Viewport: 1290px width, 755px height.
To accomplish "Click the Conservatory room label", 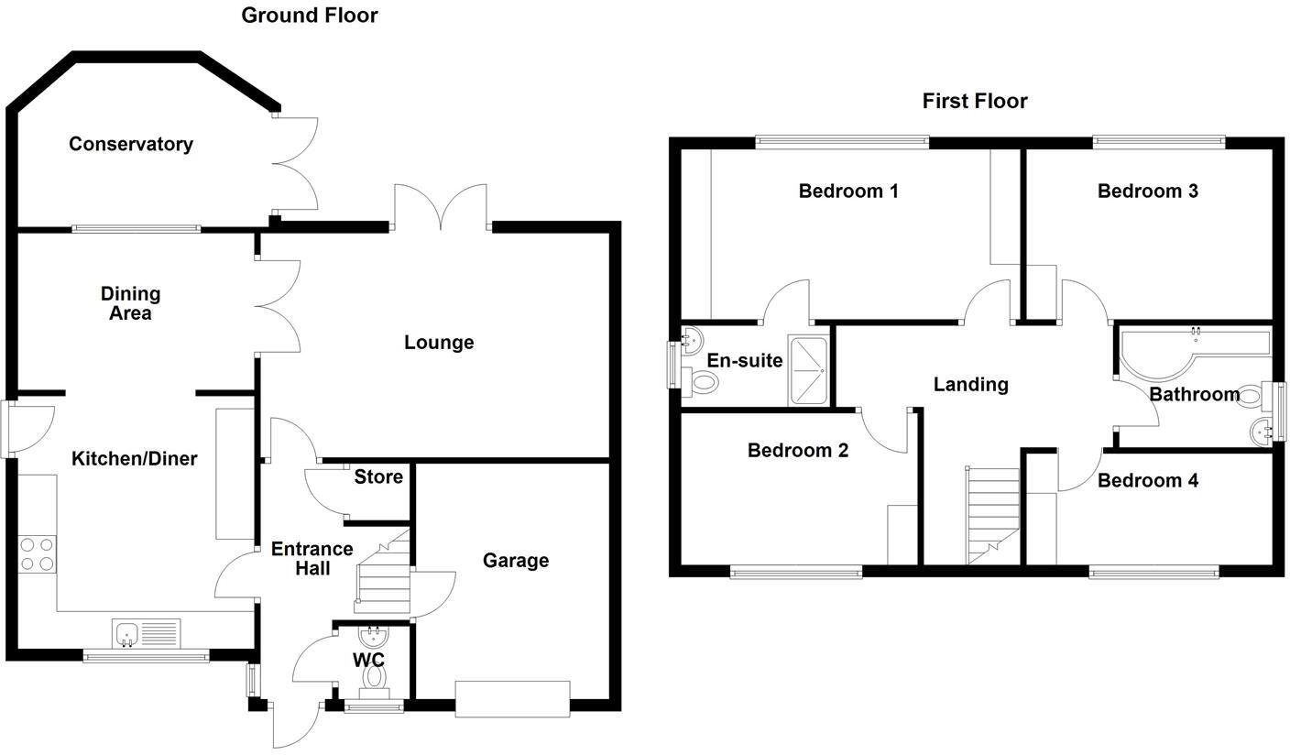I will tap(131, 144).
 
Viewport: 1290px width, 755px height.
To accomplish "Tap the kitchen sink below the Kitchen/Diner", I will tap(147, 633).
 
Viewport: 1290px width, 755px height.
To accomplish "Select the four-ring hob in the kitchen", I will tap(38, 554).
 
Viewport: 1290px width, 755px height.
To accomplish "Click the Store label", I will tap(378, 476).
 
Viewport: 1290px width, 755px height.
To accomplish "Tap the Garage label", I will tap(516, 560).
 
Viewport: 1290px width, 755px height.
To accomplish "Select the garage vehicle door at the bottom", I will tap(513, 697).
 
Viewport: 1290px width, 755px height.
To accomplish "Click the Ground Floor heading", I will tap(309, 15).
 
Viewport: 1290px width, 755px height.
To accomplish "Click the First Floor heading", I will tap(974, 101).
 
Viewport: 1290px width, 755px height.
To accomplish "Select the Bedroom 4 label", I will tap(1147, 480).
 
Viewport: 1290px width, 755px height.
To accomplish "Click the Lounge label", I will tap(439, 342).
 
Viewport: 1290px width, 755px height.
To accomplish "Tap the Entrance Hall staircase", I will tap(383, 577).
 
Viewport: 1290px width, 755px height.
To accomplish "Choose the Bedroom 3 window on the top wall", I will tap(1158, 142).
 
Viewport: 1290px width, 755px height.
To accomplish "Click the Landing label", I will tap(970, 384).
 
